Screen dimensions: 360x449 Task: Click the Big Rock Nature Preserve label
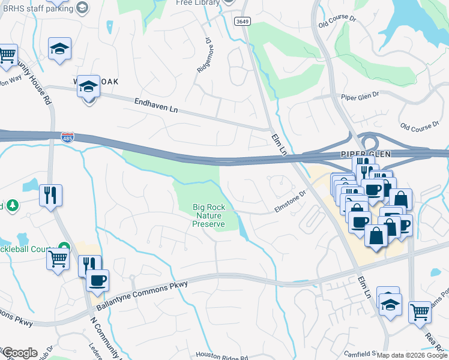pyautogui.click(x=208, y=216)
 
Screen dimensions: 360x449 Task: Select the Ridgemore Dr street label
pyautogui.click(x=203, y=56)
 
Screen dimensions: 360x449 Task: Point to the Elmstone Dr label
pyautogui.click(x=291, y=201)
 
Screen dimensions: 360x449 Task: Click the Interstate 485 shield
pyautogui.click(x=67, y=138)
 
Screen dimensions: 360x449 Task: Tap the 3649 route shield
pyautogui.click(x=243, y=21)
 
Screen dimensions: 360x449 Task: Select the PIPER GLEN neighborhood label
pyautogui.click(x=362, y=154)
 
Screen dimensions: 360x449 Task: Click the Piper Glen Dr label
pyautogui.click(x=360, y=95)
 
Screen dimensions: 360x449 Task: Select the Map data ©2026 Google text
pyautogui.click(x=412, y=355)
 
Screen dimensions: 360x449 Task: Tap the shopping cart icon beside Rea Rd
pyautogui.click(x=420, y=311)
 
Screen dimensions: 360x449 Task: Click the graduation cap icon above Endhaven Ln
pyautogui.click(x=88, y=87)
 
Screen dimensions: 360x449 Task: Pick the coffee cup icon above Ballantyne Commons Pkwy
pyautogui.click(x=97, y=279)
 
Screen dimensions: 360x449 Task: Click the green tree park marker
pyautogui.click(x=13, y=206)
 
